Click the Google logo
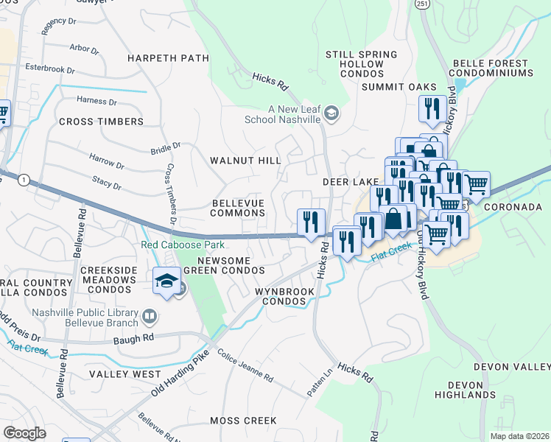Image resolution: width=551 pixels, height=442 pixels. [24, 433]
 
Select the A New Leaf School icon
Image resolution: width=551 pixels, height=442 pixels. [331, 114]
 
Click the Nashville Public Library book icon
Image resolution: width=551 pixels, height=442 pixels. [149, 317]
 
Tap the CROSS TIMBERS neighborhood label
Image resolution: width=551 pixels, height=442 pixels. [101, 122]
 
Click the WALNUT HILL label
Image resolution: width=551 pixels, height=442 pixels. [245, 160]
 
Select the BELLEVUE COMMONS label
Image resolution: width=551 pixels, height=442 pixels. [238, 207]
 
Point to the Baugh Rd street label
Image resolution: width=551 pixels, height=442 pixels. [133, 339]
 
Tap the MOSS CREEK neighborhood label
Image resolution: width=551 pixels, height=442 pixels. [243, 421]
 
